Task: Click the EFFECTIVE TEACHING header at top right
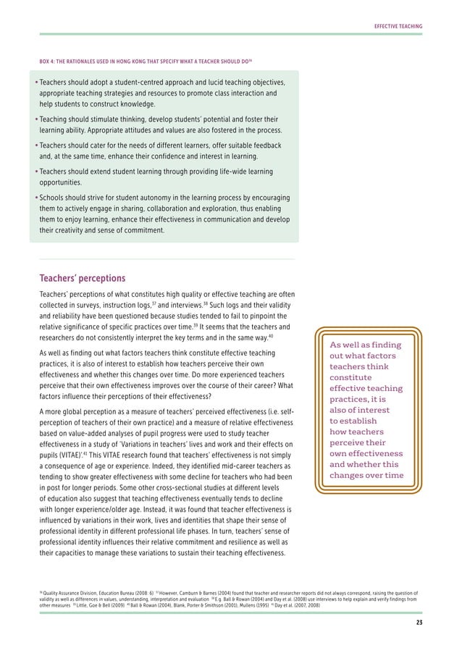[x=398, y=27]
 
